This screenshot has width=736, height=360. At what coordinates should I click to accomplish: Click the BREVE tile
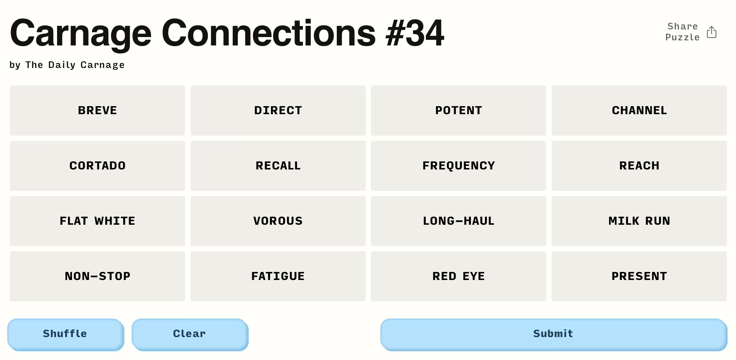pos(97,111)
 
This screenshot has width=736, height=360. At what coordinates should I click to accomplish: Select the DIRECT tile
pos(278,111)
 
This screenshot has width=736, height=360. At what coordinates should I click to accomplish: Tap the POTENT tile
pos(459,111)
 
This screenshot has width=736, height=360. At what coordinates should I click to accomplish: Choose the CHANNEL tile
pos(639,111)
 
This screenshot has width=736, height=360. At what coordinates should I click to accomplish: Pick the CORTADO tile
pos(97,166)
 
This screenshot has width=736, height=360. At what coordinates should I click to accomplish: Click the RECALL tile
pos(278,166)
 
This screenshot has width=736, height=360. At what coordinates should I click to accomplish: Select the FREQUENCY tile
pos(459,166)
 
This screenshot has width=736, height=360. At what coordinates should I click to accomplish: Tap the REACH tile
pos(639,166)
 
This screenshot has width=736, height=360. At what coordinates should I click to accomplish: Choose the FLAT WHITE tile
pos(97,221)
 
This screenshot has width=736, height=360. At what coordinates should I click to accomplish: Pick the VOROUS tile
pos(278,221)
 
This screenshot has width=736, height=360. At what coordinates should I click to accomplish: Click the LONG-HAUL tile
pos(459,221)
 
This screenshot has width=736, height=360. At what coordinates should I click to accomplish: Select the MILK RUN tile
pos(639,221)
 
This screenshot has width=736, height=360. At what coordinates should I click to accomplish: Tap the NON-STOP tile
pos(97,276)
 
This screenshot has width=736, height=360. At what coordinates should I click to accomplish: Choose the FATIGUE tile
pos(278,276)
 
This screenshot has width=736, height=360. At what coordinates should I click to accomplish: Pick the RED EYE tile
pos(459,276)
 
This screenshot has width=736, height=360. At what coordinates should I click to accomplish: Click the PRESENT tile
pos(639,276)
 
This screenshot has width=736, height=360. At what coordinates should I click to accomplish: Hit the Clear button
pos(190,335)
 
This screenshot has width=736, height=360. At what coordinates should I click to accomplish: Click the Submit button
pos(554,335)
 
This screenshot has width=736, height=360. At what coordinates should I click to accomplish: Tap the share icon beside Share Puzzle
pos(712,32)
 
